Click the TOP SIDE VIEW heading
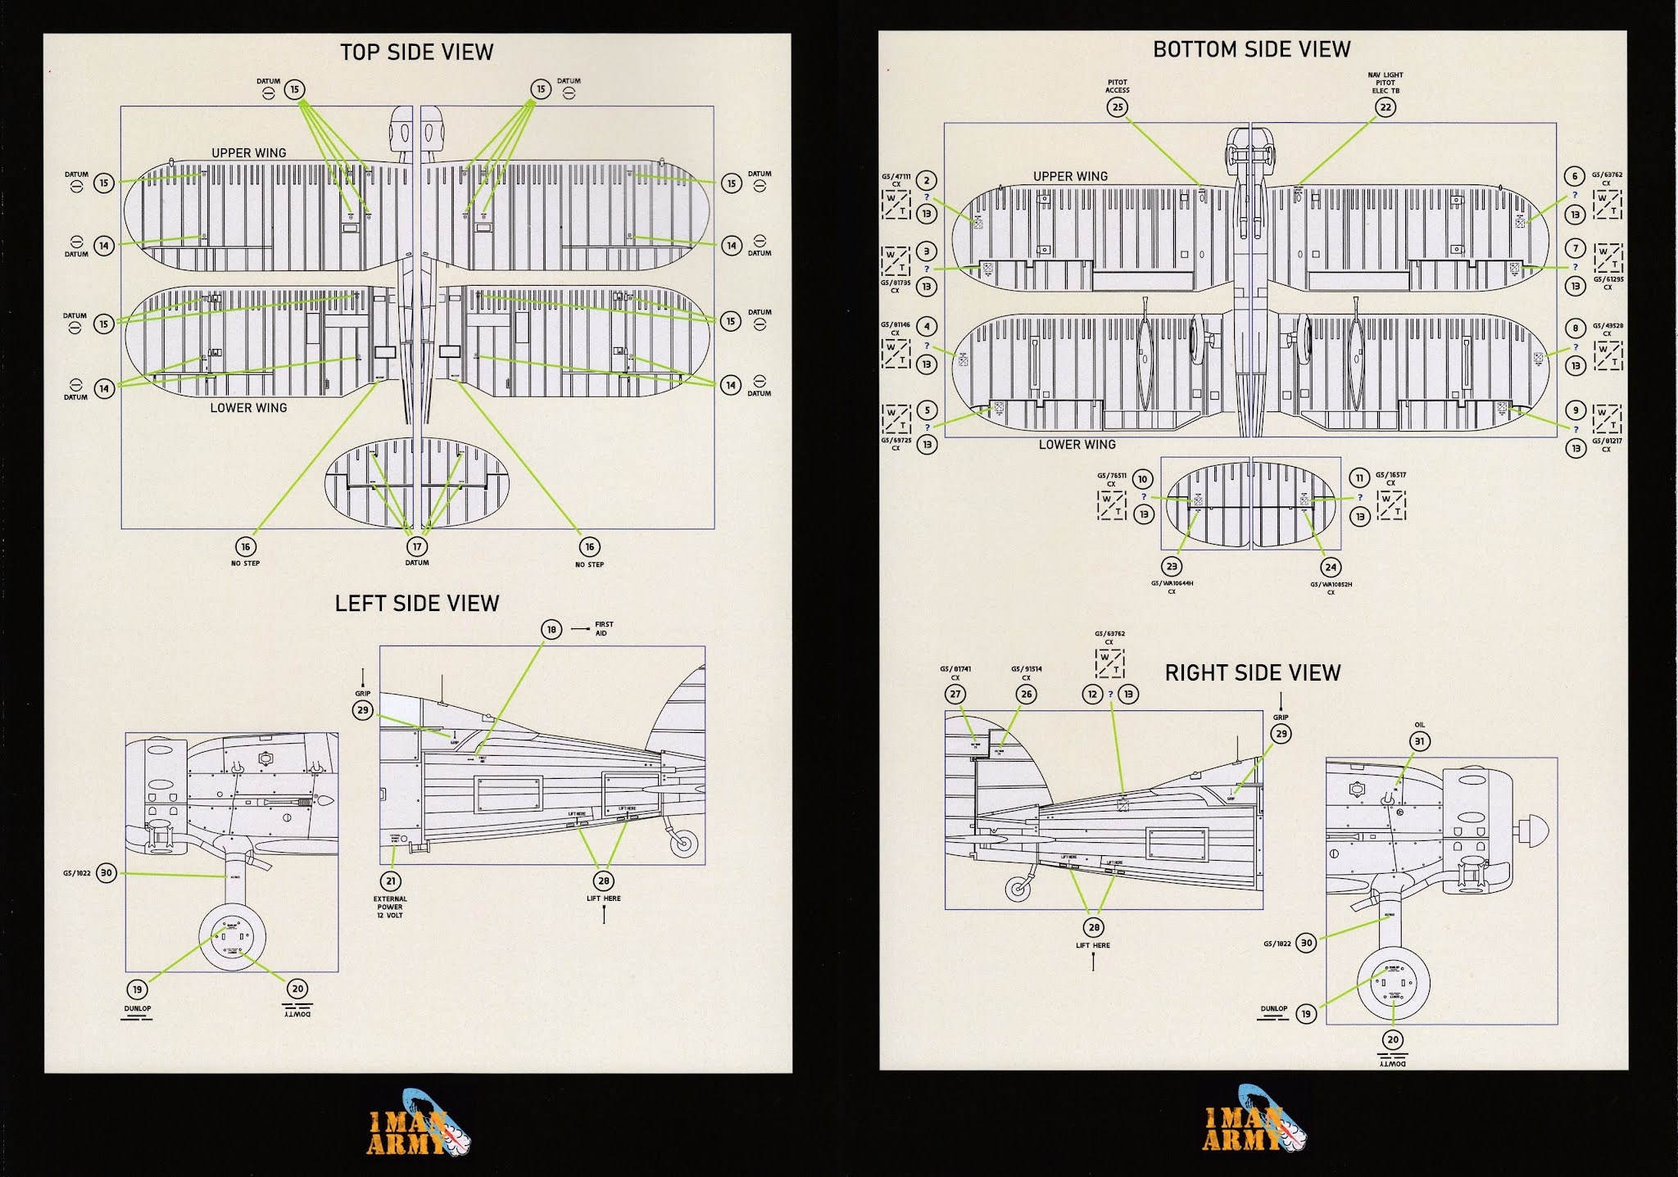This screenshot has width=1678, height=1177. click(x=416, y=52)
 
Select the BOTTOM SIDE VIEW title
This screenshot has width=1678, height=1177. click(x=1251, y=50)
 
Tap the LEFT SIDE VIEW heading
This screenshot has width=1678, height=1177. click(x=416, y=604)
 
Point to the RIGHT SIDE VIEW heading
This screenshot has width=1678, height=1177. click(x=1253, y=673)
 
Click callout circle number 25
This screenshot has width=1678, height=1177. click(x=1117, y=107)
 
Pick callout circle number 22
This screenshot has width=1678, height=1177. click(x=1385, y=107)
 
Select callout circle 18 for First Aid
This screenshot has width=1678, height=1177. click(x=551, y=629)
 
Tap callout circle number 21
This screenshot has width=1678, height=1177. click(x=391, y=881)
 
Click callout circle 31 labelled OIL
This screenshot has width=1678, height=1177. click(x=1419, y=741)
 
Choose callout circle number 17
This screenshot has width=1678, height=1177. click(x=417, y=546)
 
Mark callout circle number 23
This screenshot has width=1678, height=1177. click(x=1172, y=566)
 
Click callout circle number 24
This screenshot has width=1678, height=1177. click(x=1331, y=567)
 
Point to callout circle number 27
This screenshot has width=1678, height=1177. click(x=955, y=694)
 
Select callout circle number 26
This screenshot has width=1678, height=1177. click(x=1026, y=694)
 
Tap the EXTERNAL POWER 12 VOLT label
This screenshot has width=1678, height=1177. click(x=390, y=907)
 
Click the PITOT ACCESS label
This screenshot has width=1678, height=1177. click(x=1117, y=86)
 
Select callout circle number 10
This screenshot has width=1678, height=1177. click(x=1143, y=479)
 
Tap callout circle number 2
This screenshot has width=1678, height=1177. click(x=927, y=181)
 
